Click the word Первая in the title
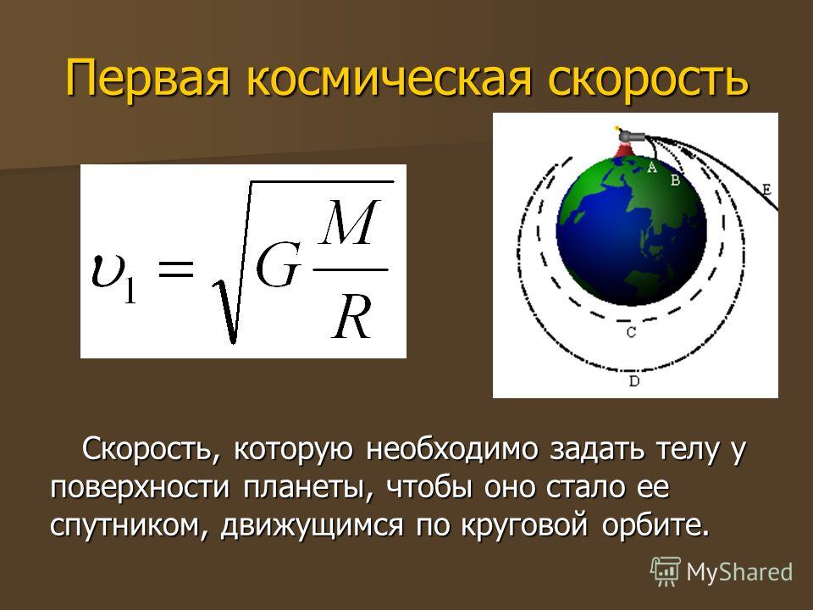(147, 79)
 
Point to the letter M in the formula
(348, 223)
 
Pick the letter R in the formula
(352, 318)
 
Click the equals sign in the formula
(176, 269)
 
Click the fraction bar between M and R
(350, 269)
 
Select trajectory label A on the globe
(652, 167)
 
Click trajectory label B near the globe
(676, 180)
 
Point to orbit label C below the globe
(631, 332)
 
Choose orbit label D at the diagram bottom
(634, 381)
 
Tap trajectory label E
(767, 189)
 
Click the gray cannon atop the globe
(631, 136)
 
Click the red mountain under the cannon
(624, 151)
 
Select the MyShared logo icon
(666, 572)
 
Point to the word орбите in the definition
(655, 524)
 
